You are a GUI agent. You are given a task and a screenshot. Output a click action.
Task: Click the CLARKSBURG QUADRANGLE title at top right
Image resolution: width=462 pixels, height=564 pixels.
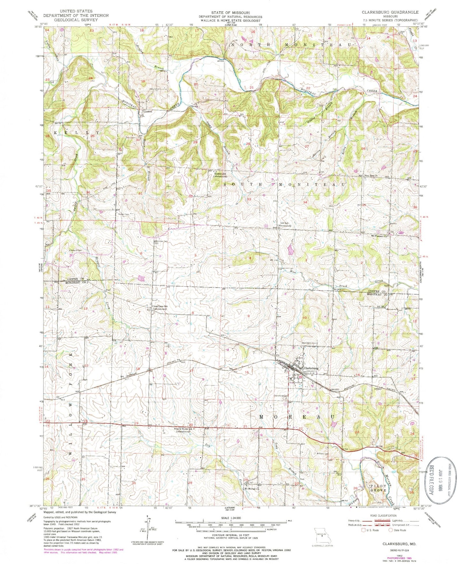click(390, 12)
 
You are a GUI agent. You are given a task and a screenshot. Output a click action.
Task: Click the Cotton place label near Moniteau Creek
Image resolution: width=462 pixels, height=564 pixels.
click(148, 112)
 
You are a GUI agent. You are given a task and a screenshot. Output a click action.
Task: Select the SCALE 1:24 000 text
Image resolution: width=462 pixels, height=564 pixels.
click(230, 518)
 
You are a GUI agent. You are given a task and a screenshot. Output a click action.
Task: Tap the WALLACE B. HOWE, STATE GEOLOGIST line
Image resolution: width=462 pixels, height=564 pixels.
click(230, 20)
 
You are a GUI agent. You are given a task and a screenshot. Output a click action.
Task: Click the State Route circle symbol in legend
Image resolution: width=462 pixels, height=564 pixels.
click(391, 530)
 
